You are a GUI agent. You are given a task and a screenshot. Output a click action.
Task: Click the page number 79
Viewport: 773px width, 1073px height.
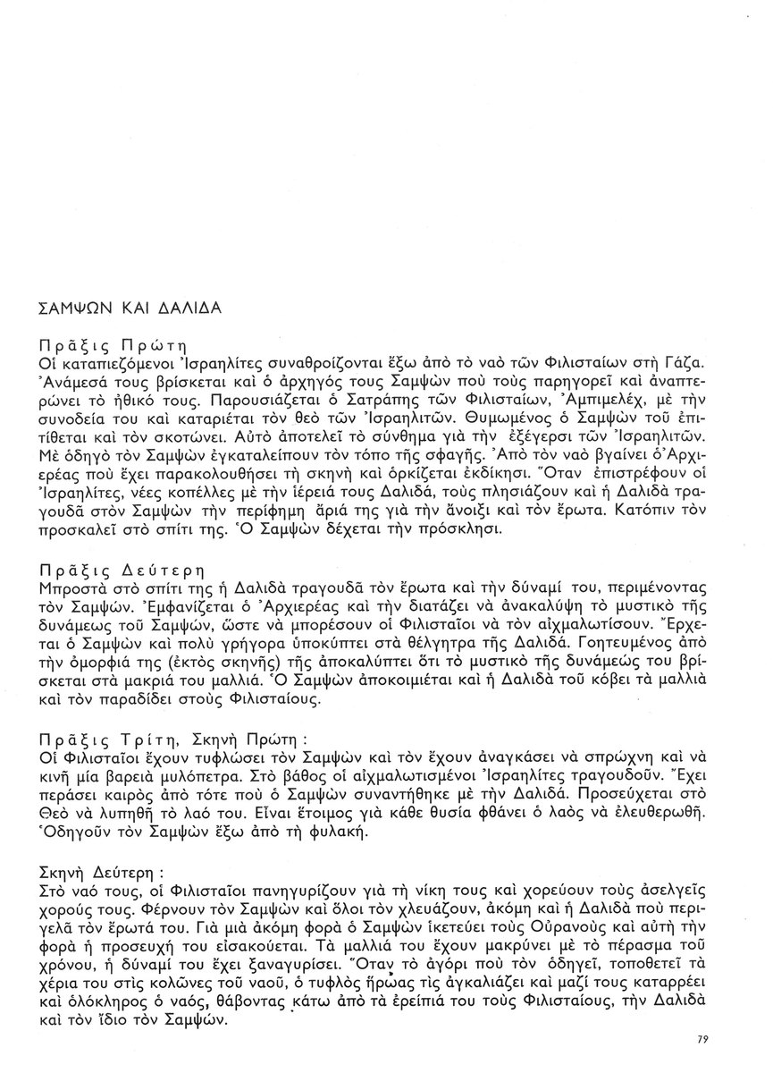(702, 1039)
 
